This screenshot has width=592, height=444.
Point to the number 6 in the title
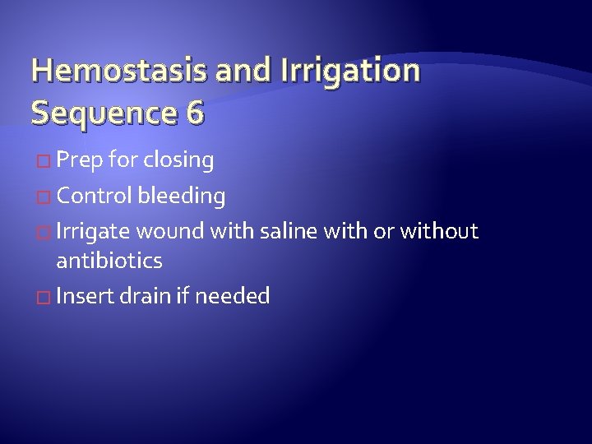(x=195, y=111)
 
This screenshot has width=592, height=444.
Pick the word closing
(x=178, y=160)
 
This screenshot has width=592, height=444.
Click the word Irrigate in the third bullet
(x=93, y=232)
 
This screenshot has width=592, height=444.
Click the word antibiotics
(x=109, y=261)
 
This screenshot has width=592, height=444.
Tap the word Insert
(x=85, y=296)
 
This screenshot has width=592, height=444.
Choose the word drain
(x=144, y=296)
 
